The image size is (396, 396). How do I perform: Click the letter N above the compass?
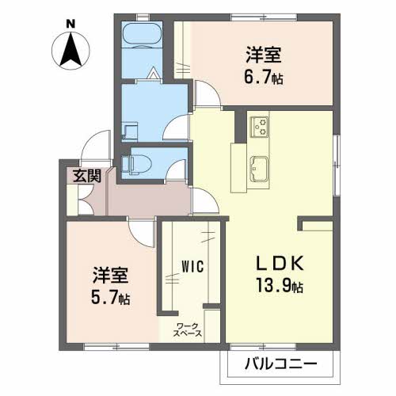click(x=70, y=25)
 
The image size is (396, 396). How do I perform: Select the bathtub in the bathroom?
click(x=142, y=35)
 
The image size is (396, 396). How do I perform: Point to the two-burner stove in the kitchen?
click(x=259, y=127)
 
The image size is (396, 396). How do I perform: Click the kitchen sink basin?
click(x=259, y=169)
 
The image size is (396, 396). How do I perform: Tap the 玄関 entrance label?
click(x=87, y=176)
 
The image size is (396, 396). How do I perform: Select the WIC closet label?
click(x=193, y=266)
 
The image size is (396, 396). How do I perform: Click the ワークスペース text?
click(x=188, y=329)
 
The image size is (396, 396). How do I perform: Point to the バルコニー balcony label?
click(x=281, y=364)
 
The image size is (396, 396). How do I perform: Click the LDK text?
click(x=280, y=264)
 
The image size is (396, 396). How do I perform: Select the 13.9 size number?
click(x=273, y=286)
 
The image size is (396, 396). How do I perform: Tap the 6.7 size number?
click(x=257, y=78)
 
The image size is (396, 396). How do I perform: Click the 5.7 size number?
click(x=104, y=298)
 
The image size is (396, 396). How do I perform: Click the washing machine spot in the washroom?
click(x=130, y=131)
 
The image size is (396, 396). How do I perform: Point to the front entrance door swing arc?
click(x=95, y=145)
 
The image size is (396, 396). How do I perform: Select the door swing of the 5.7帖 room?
click(x=141, y=234)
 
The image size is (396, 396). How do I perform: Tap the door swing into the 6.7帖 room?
click(x=208, y=93)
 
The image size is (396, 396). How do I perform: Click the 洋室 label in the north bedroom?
click(x=264, y=55)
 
